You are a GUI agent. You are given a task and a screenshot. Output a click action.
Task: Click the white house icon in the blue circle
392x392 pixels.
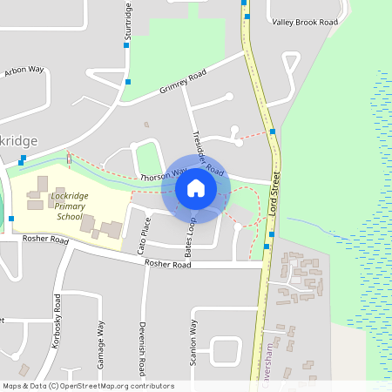pyautogui.click(x=195, y=187)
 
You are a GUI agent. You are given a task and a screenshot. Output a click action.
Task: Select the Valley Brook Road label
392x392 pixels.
pyautogui.click(x=304, y=22)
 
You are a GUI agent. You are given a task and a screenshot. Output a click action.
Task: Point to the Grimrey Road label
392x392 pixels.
pyautogui.click(x=183, y=83)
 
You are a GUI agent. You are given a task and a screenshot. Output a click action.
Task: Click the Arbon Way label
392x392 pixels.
pyautogui.click(x=24, y=71)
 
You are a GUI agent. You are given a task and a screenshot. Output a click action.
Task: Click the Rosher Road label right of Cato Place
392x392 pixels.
pyautogui.click(x=167, y=263)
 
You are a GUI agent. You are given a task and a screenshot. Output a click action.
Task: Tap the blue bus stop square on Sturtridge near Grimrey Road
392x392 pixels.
pyautogui.click(x=128, y=82)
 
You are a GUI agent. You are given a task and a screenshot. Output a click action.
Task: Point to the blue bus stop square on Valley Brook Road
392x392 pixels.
pyautogui.click(x=247, y=17)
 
